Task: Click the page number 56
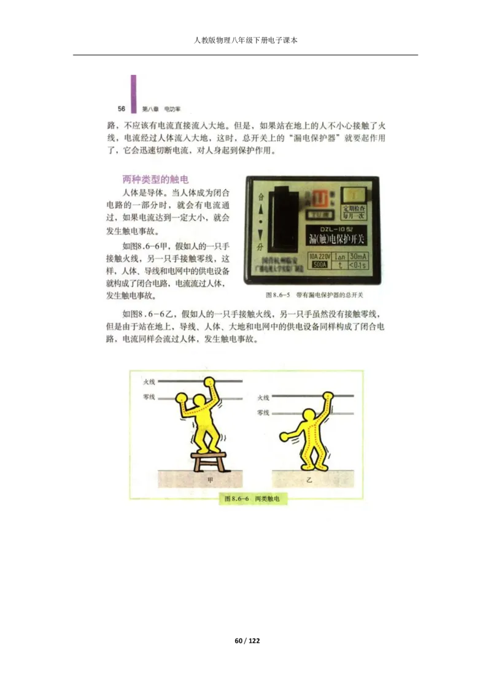[122, 109]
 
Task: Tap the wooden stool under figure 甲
[209, 460]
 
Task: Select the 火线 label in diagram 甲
[149, 382]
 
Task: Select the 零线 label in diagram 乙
[263, 413]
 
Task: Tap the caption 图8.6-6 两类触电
[252, 499]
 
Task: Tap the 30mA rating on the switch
[358, 255]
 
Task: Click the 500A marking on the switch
[319, 265]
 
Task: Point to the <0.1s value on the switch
[358, 265]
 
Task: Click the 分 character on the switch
[261, 247]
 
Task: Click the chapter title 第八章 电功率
[157, 109]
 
